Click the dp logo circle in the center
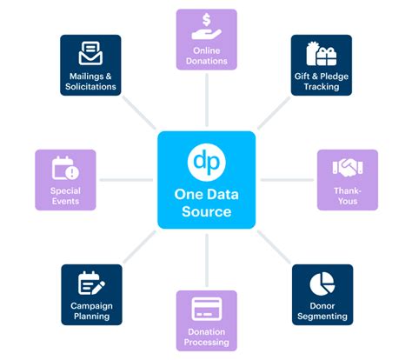click(x=206, y=163)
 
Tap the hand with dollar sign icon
click(x=207, y=27)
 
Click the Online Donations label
click(x=207, y=56)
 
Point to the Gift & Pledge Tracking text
click(x=322, y=81)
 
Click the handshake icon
click(x=347, y=166)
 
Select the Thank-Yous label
click(x=347, y=195)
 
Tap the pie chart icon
click(x=322, y=283)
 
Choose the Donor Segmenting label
click(x=322, y=310)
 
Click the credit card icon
click(x=207, y=309)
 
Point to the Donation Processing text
click(x=207, y=337)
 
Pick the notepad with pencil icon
click(x=91, y=283)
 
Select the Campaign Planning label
click(x=91, y=310)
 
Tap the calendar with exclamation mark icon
click(x=65, y=167)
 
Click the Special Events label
click(x=65, y=195)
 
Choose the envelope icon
click(x=91, y=54)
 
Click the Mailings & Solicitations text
click(x=91, y=81)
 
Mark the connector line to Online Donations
click(x=207, y=101)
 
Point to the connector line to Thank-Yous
click(x=287, y=180)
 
